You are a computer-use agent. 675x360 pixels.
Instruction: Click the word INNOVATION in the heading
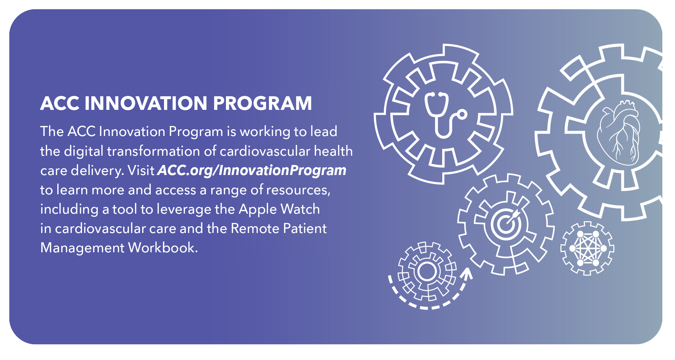(x=146, y=103)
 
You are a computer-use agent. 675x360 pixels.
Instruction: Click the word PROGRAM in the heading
(x=262, y=103)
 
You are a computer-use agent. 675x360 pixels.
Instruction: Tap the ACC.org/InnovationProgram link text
(x=252, y=171)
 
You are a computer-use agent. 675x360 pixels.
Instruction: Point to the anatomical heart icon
(x=618, y=132)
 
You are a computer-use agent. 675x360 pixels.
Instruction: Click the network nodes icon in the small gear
(x=587, y=248)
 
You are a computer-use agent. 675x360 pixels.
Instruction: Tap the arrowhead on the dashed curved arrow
(x=467, y=273)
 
